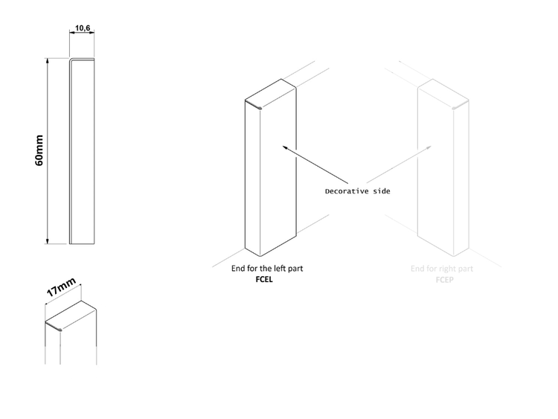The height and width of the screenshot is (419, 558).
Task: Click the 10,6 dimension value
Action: [83, 29]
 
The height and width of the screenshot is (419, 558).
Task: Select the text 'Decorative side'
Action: [357, 191]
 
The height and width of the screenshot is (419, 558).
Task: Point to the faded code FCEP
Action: [446, 280]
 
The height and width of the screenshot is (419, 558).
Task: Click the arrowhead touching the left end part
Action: [283, 147]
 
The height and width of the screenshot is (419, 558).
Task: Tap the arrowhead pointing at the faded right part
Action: [430, 148]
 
